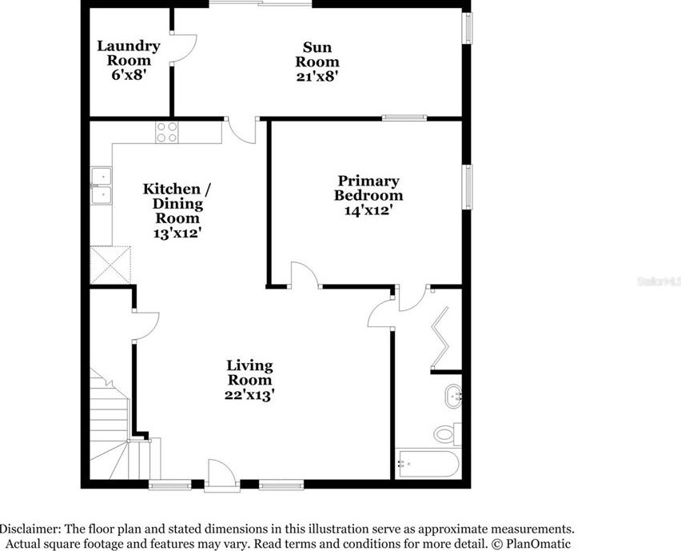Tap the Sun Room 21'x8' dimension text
point(317,77)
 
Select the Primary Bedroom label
point(368,189)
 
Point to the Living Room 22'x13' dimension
point(250,394)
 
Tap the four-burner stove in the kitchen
point(167,132)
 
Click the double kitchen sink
point(102,186)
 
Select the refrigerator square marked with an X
point(110,264)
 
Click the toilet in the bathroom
point(446,433)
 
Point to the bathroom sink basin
point(453,393)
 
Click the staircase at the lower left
point(112,432)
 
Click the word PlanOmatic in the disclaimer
point(532,544)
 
